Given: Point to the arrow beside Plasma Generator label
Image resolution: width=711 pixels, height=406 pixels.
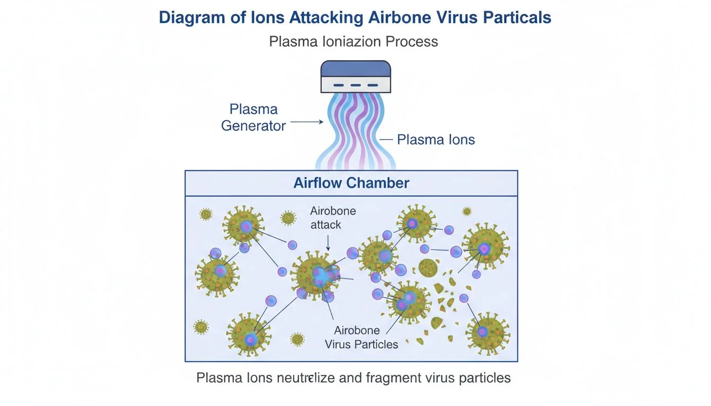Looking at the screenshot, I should (307, 122).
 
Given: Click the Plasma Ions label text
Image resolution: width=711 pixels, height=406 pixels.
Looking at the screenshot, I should (436, 140).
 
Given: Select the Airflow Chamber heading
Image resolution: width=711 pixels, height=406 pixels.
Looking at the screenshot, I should (351, 183).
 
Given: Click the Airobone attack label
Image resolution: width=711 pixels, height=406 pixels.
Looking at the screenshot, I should (333, 218).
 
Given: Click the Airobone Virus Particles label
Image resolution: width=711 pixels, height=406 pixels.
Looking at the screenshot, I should (361, 337).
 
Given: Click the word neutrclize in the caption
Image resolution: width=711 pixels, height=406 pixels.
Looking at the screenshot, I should (288, 378).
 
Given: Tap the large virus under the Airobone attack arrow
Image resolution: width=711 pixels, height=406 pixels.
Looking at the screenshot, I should (316, 275).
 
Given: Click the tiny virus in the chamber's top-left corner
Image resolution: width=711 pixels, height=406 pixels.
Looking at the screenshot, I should (205, 214).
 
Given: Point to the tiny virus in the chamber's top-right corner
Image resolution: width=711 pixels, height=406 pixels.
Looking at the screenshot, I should (467, 211).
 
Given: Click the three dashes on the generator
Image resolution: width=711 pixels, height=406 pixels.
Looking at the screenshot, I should (355, 85).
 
